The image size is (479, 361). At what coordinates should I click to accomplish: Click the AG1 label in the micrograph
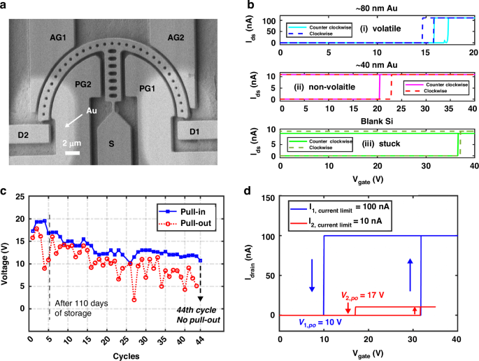(78, 33)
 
